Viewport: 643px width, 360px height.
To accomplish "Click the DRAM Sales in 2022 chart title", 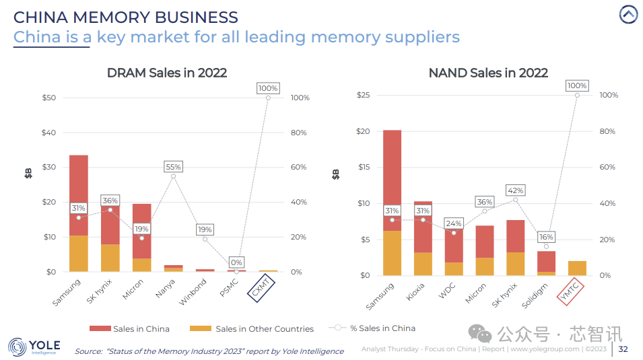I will click(x=167, y=73).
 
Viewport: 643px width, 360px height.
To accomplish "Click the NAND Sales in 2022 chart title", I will click(x=488, y=73).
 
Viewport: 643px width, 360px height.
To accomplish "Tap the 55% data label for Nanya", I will click(x=173, y=166).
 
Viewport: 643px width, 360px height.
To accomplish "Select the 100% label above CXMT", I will click(x=268, y=88).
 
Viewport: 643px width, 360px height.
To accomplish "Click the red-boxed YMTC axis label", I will click(x=570, y=291).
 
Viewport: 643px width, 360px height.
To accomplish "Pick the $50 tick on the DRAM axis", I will click(x=49, y=98).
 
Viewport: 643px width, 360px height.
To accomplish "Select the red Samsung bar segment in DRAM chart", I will click(x=79, y=195).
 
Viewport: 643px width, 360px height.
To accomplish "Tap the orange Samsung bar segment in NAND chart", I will click(x=392, y=253).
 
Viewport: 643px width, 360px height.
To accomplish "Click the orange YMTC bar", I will click(x=577, y=268).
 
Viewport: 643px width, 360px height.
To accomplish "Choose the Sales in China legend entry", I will click(x=129, y=329).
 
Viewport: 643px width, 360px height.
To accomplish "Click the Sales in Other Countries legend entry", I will click(x=252, y=329).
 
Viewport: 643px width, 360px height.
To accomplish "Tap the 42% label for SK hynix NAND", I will click(x=515, y=190).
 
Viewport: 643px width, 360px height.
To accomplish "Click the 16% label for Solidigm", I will click(x=546, y=237).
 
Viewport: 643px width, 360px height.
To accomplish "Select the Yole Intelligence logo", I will click(x=34, y=347).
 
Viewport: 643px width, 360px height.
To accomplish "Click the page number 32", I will click(x=623, y=349).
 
